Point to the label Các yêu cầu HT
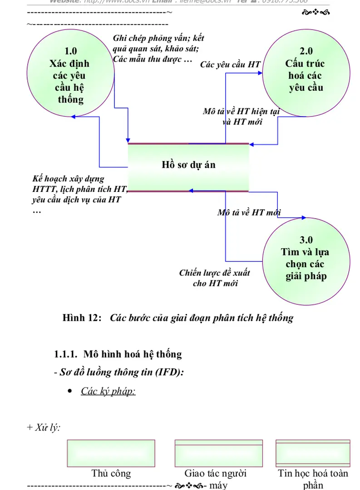231,64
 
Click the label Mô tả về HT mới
249,212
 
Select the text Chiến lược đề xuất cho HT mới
214,278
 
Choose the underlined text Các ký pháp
108,391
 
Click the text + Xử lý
44,427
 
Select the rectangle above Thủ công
111,451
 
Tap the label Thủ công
111,474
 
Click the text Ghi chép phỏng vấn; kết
158,39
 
